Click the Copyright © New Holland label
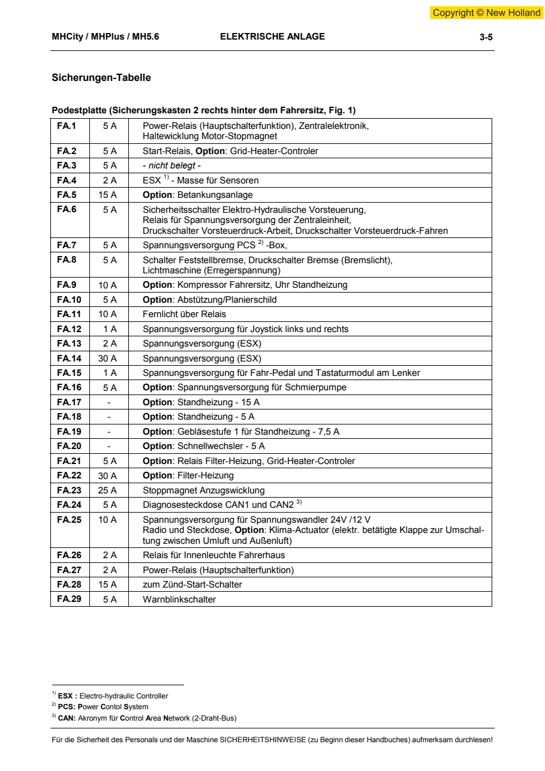click(x=486, y=13)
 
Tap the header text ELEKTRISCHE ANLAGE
click(x=272, y=37)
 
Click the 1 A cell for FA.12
click(x=109, y=329)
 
